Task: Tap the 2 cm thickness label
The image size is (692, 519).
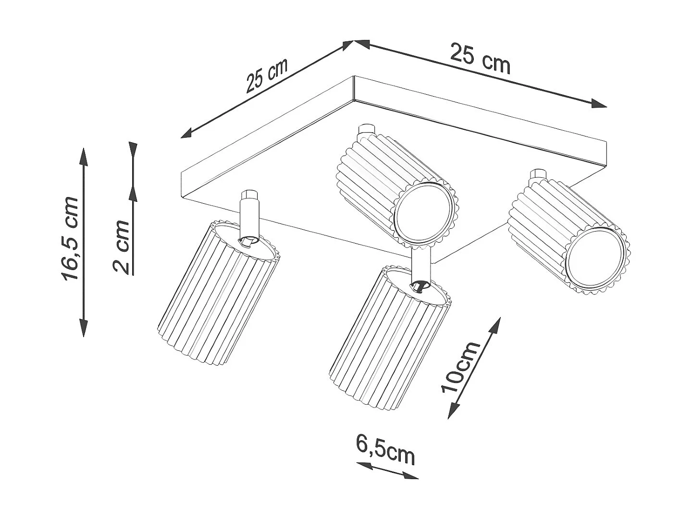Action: tap(122, 247)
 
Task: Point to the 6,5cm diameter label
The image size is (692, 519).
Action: tap(385, 449)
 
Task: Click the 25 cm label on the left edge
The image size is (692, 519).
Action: tap(266, 75)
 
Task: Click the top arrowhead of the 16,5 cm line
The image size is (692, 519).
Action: tap(84, 156)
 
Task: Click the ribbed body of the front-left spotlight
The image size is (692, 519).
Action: tap(216, 298)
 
